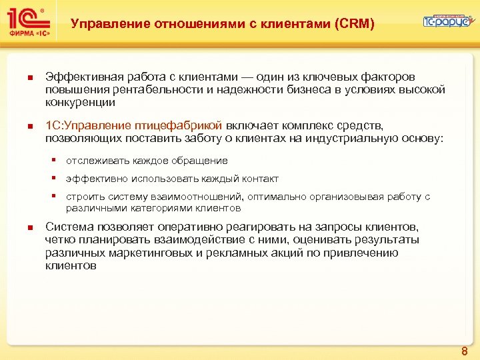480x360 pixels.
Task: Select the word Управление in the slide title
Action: tap(111, 25)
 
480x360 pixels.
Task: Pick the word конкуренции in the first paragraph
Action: tap(80, 103)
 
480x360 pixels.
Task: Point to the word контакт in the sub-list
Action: tap(261, 179)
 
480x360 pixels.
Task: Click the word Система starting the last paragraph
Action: tap(66, 227)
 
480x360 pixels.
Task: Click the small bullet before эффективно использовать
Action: tap(58, 178)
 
